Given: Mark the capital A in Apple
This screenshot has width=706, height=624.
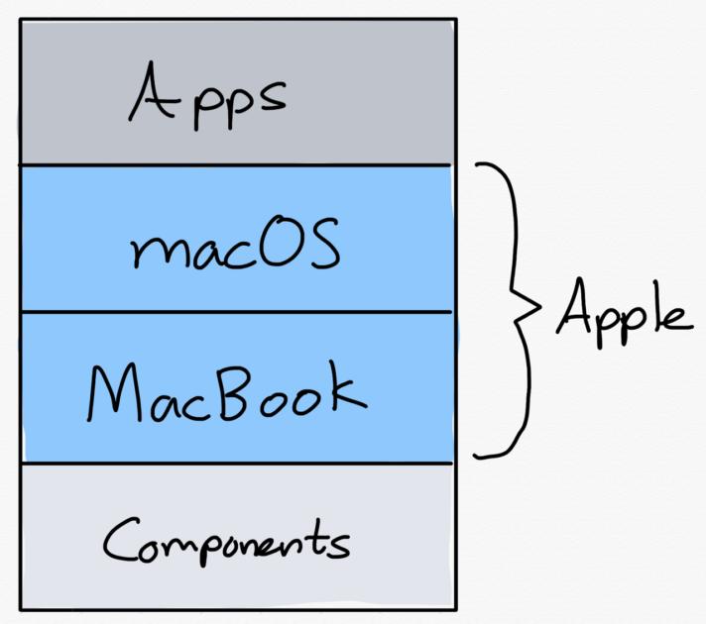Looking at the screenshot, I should coord(573,309).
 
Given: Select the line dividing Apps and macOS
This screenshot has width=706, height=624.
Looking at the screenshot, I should coord(236,164).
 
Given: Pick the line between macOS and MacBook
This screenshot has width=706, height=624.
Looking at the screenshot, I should coord(236,312).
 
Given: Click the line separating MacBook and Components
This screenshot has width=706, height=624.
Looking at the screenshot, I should coord(236,463).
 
